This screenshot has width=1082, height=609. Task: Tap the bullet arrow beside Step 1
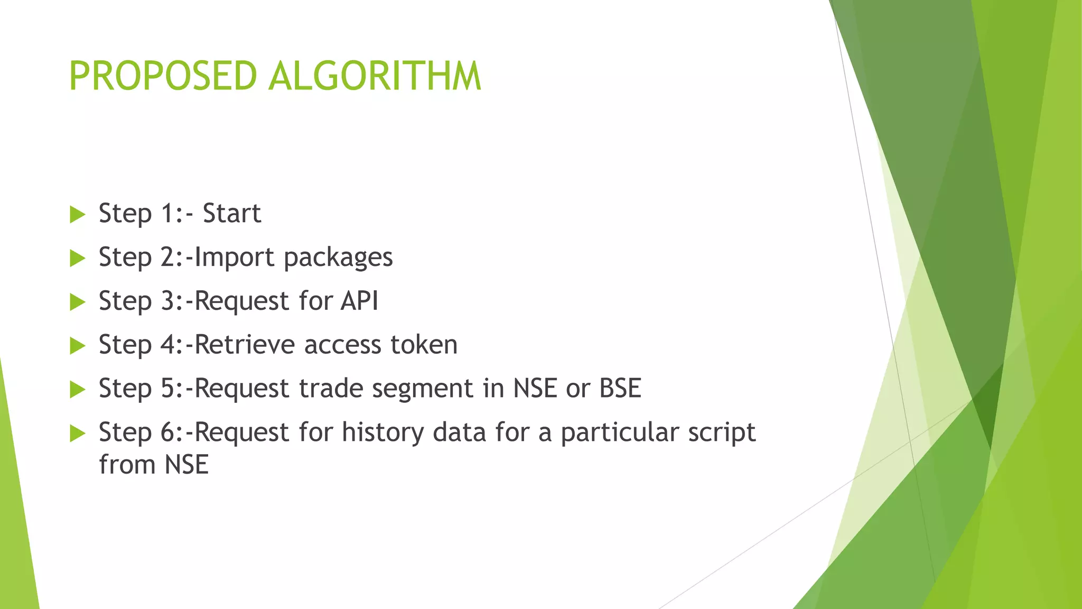pos(77,215)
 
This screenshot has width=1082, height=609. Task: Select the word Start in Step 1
pos(232,214)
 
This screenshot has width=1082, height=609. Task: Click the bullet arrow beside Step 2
pos(77,259)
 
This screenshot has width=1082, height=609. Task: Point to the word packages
pos(338,259)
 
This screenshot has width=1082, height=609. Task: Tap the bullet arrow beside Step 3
pos(77,302)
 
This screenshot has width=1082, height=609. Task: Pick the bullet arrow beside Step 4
pos(77,346)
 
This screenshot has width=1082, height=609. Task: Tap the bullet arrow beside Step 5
pos(77,390)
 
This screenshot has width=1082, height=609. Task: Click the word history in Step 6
pos(383,432)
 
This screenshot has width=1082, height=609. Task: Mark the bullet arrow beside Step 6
pos(77,434)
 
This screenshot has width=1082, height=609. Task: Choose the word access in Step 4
pos(342,345)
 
